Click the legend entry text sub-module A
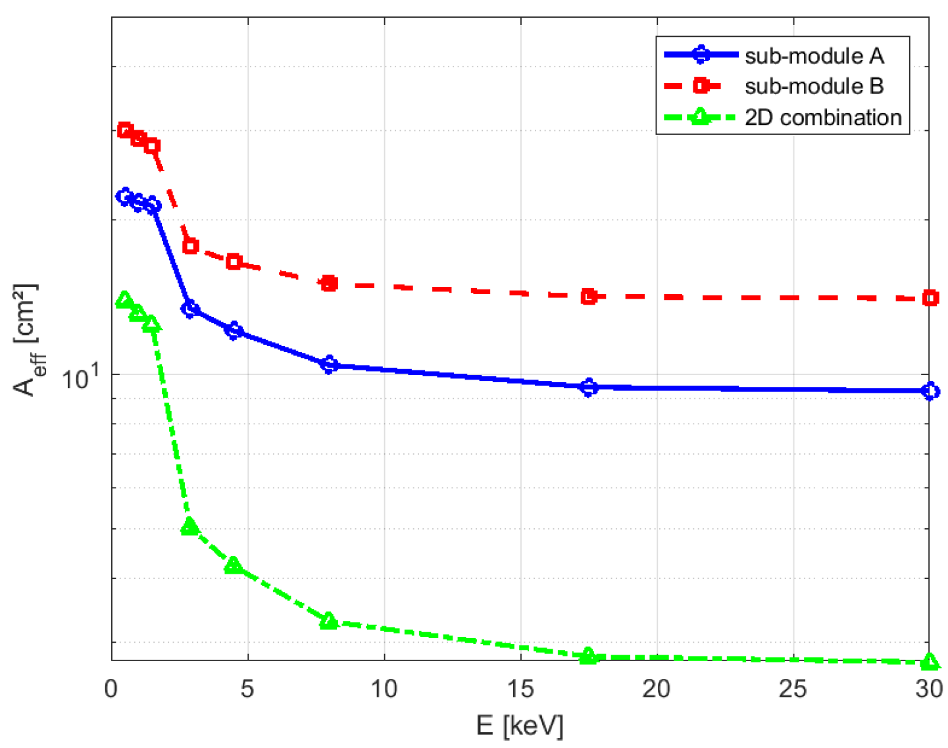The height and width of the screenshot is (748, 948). click(x=814, y=56)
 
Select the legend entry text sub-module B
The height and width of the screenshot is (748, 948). click(x=814, y=86)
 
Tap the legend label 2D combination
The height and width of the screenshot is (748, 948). click(x=822, y=117)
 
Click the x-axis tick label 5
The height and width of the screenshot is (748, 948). click(x=247, y=689)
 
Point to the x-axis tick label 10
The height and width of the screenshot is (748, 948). click(x=384, y=689)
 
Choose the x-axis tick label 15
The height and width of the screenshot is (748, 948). click(x=520, y=689)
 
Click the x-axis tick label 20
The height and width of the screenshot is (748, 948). click(x=657, y=689)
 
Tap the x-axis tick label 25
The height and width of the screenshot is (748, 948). click(x=793, y=689)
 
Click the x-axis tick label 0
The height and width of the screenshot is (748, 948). click(x=111, y=689)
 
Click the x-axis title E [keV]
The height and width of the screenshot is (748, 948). click(x=520, y=726)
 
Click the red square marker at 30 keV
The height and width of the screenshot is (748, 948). click(x=930, y=298)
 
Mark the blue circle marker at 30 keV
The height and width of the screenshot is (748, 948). click(x=930, y=391)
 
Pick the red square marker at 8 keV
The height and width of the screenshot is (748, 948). click(x=329, y=284)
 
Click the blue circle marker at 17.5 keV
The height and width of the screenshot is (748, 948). click(x=589, y=387)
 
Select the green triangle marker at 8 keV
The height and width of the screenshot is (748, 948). click(x=329, y=621)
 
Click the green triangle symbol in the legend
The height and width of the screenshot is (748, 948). click(x=701, y=117)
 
